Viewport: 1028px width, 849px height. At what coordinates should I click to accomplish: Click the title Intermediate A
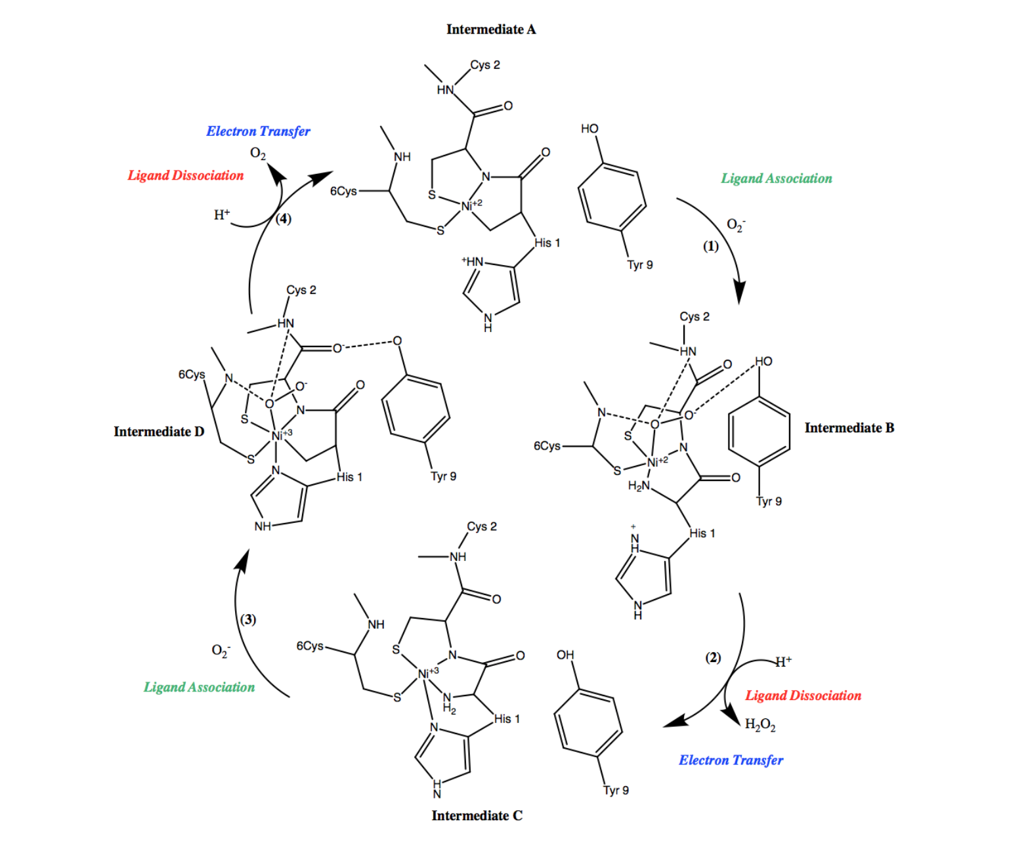point(490,30)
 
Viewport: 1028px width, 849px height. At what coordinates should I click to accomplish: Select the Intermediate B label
point(849,428)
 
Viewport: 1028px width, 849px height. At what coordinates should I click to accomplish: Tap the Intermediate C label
point(477,816)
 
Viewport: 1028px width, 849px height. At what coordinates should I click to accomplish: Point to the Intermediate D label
point(159,432)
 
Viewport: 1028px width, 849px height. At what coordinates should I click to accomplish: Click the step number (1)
point(711,246)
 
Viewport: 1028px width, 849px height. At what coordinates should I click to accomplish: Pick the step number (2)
point(713,657)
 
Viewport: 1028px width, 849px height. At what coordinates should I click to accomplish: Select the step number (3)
point(247,619)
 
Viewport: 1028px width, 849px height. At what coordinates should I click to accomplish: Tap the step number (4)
point(283,218)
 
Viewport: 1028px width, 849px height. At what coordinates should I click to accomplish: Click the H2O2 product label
point(760,724)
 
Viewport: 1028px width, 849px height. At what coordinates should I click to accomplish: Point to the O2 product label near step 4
point(258,154)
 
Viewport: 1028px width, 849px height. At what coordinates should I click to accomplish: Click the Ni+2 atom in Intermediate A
point(471,205)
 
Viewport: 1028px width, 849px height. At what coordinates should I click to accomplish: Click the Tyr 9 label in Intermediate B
point(769,501)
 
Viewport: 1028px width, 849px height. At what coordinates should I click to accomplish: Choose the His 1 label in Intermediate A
point(547,243)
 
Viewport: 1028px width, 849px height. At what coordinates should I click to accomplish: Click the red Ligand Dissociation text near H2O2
point(803,695)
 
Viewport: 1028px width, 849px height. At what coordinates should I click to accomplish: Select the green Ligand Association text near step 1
point(776,178)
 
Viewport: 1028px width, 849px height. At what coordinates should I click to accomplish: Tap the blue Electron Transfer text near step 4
point(258,131)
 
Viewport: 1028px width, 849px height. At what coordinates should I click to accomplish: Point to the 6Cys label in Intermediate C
point(310,646)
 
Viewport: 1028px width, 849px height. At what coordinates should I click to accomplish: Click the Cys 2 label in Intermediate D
point(301,290)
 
